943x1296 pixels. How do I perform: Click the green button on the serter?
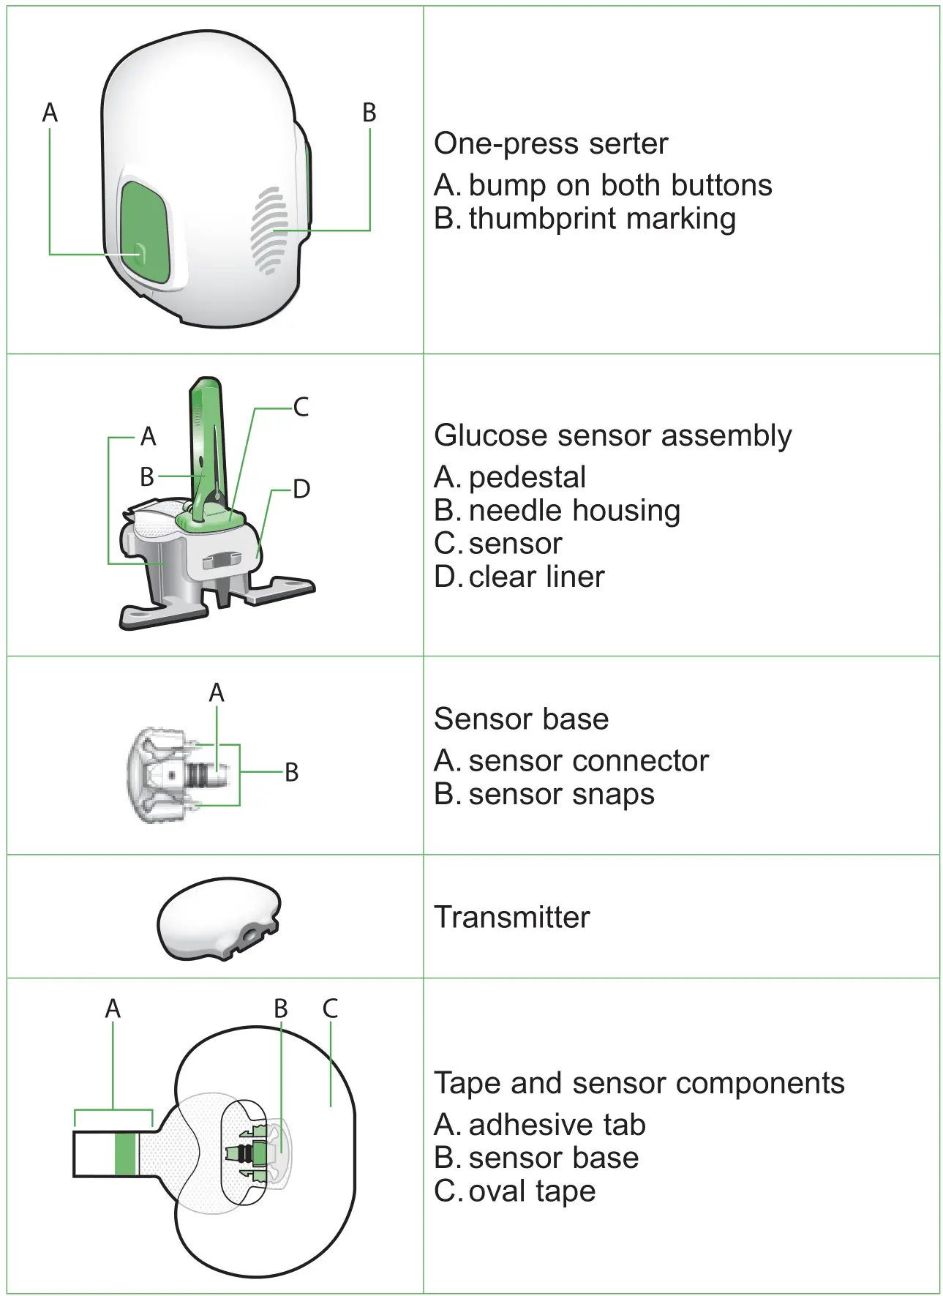tap(146, 233)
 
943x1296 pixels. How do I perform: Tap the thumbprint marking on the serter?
tap(268, 231)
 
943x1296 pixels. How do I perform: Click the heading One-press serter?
tap(550, 143)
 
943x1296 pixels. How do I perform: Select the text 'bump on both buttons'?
tap(620, 185)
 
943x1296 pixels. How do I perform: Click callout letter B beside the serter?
tap(369, 113)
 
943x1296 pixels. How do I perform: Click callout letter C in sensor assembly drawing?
tap(301, 407)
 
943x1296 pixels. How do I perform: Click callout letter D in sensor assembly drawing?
tap(301, 489)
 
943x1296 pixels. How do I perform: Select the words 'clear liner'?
tap(536, 577)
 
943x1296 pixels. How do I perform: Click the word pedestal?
tap(527, 477)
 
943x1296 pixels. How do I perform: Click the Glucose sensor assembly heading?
tap(612, 435)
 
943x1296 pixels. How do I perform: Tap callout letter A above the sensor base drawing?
tap(217, 692)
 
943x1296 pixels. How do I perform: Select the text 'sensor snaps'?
tap(561, 794)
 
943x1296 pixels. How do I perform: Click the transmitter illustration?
tap(218, 918)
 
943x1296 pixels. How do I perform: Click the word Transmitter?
tap(511, 917)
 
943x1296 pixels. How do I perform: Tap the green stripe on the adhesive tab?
tap(125, 1154)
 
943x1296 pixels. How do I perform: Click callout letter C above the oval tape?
tap(330, 1008)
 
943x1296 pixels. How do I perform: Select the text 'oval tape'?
tap(532, 1191)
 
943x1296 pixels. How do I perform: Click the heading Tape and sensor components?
tap(639, 1083)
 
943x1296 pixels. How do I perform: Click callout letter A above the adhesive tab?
tap(113, 1008)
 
